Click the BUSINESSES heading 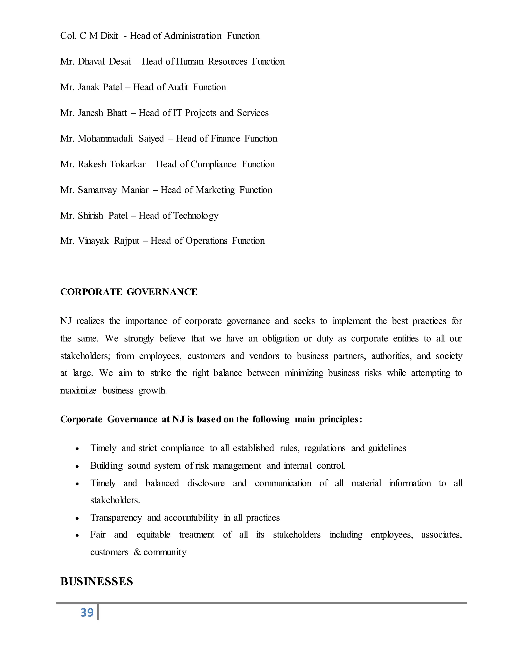coord(97,581)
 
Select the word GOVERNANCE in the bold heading coord(162,292)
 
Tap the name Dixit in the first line coord(109,36)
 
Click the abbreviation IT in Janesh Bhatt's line coord(177,113)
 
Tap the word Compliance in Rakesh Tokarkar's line coord(213,164)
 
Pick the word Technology coord(196,216)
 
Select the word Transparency coord(116,518)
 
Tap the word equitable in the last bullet coord(153,535)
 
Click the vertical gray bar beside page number coord(98,612)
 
